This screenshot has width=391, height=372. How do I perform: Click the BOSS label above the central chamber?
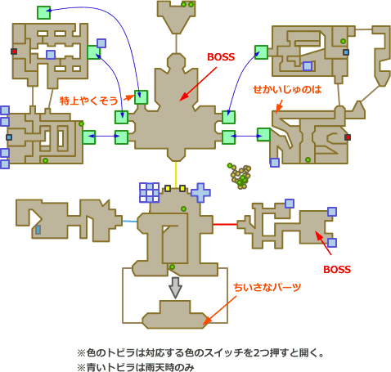point(221,57)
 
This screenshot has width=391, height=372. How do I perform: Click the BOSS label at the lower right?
point(337,270)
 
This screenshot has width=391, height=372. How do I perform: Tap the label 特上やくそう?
point(88,101)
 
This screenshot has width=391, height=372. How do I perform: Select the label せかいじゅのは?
point(287,89)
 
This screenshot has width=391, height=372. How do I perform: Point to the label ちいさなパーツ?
point(267,287)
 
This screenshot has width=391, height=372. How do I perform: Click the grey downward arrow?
point(175,288)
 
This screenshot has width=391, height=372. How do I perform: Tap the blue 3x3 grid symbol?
point(149,192)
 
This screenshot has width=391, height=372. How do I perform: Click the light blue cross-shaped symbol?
point(200,193)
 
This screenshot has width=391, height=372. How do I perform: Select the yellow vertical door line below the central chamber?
point(176,174)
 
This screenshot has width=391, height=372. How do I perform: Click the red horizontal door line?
point(225,224)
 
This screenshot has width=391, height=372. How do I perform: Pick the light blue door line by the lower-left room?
point(129,222)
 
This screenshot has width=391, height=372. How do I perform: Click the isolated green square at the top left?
point(43,12)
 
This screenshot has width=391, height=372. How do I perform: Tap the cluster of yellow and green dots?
point(239,176)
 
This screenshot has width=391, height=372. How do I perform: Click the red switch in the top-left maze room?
point(14,52)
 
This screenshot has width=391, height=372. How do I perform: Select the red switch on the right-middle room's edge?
point(347,137)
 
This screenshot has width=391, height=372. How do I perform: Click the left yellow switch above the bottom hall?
point(168,188)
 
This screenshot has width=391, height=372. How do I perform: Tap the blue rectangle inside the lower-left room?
point(38,230)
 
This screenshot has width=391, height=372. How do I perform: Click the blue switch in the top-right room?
point(346,52)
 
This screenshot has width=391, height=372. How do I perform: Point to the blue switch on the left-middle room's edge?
point(9,137)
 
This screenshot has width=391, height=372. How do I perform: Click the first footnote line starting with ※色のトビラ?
point(200,353)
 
